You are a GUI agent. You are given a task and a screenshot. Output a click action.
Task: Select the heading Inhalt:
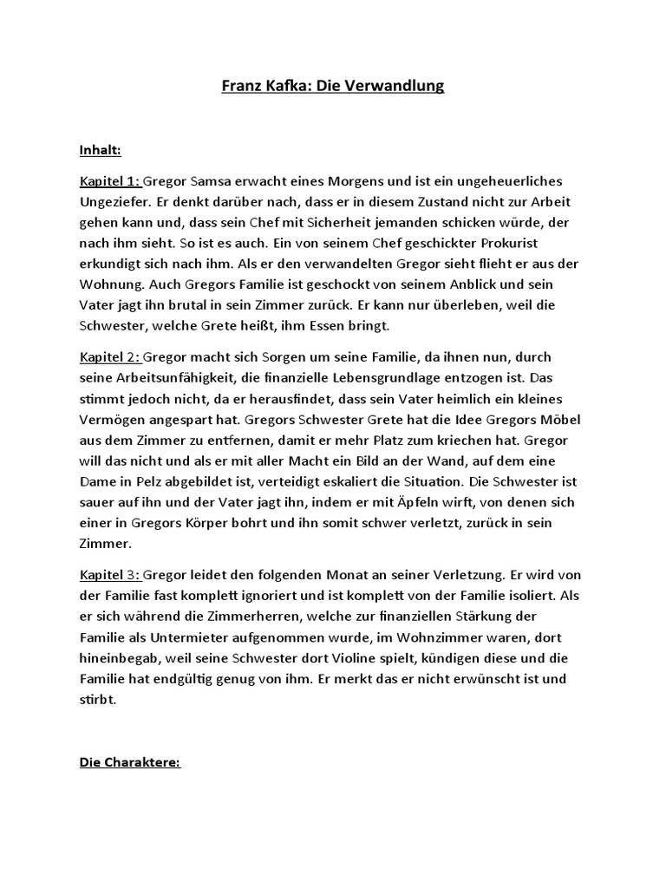(x=100, y=151)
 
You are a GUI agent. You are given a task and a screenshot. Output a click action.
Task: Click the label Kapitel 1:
(x=109, y=181)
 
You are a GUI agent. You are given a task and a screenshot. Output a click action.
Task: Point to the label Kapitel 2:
(x=109, y=356)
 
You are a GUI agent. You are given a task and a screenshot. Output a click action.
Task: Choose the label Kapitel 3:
(x=109, y=575)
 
